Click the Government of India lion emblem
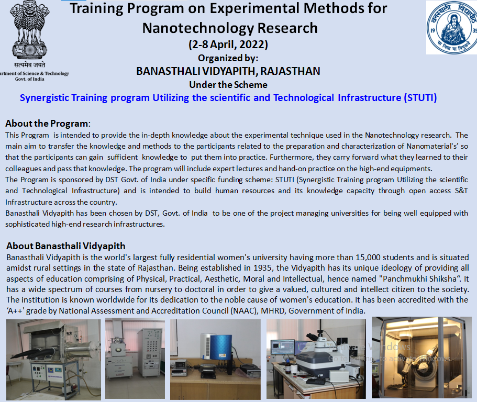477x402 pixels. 29,30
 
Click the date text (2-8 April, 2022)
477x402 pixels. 228,44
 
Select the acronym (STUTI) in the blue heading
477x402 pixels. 420,98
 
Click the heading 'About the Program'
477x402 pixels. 47,124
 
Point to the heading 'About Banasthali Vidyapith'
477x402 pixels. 65,245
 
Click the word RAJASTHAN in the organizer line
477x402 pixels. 290,71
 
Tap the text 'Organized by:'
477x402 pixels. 228,58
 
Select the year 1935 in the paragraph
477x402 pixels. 265,268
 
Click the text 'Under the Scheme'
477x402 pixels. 228,85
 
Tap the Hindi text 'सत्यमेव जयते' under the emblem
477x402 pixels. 29,65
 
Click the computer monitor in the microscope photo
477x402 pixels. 282,347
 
